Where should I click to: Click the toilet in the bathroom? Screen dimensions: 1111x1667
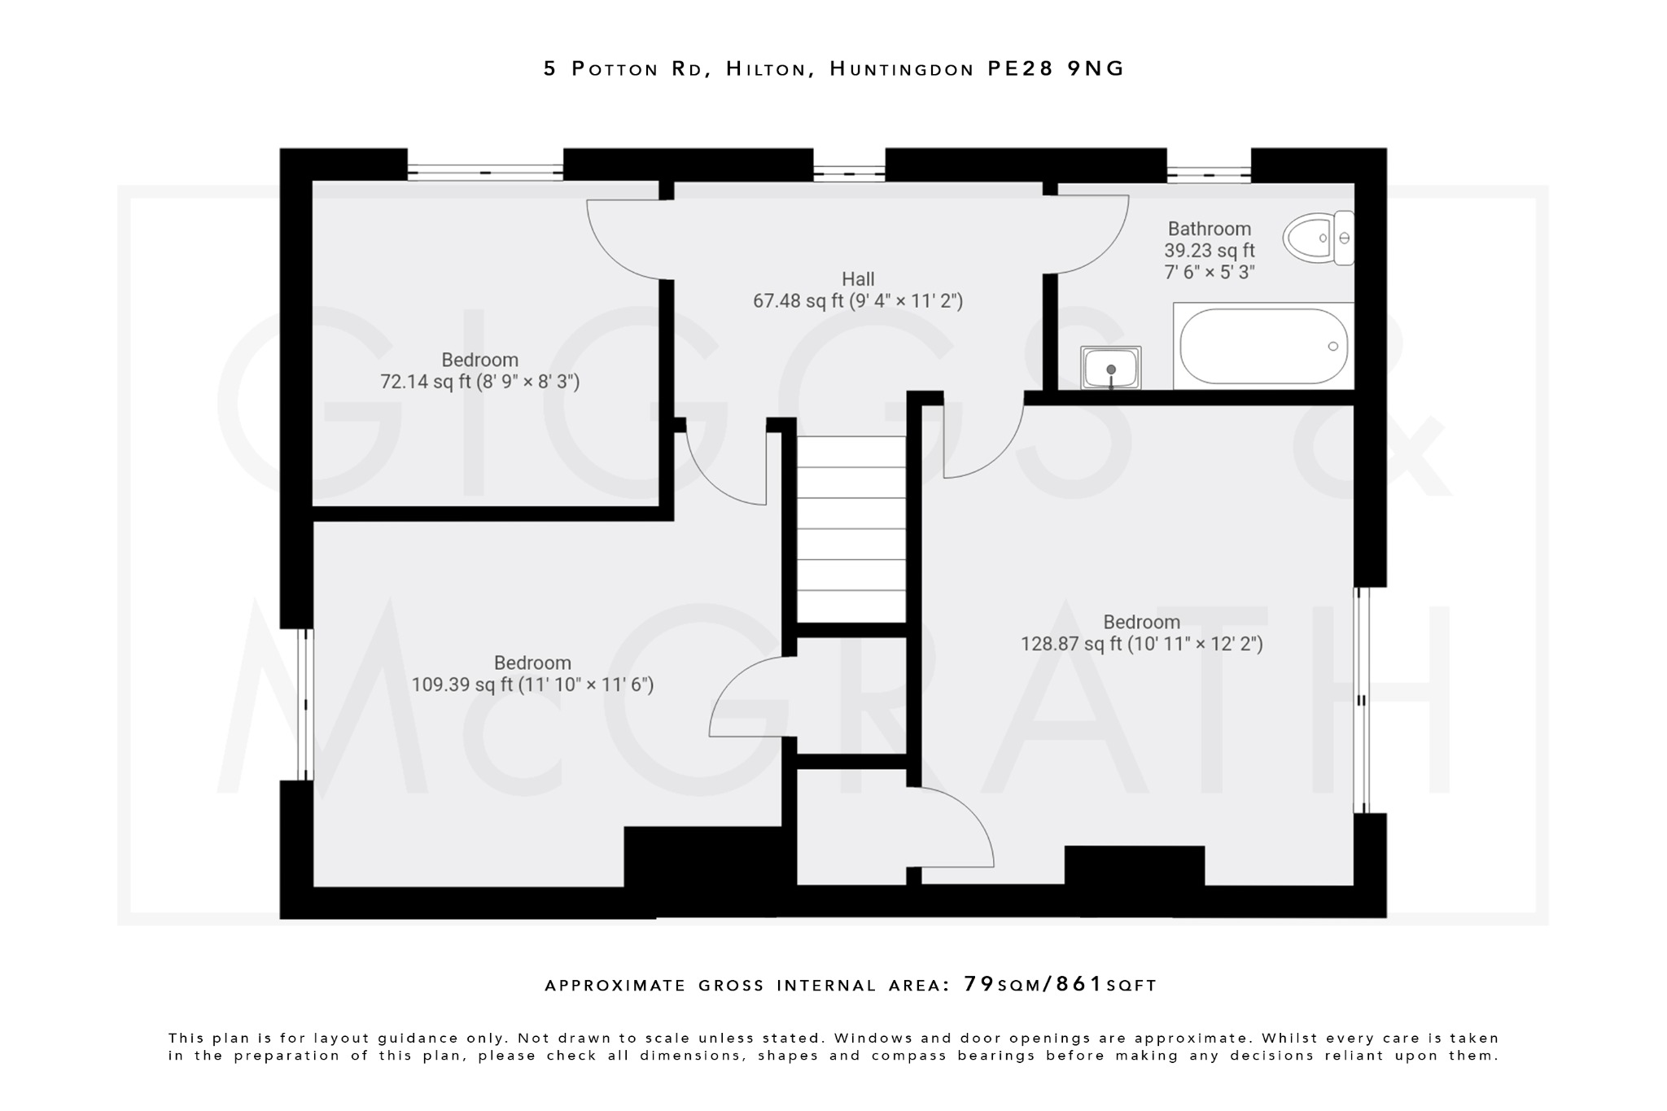tap(1317, 238)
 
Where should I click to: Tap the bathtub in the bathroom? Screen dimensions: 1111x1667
tap(1262, 347)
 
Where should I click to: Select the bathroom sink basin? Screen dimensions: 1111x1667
tap(1111, 368)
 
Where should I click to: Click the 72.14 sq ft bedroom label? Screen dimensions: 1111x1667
tap(479, 371)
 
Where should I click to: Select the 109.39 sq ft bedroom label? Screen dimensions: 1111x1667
tap(532, 674)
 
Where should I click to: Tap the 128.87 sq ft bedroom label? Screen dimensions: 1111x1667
tap(1141, 633)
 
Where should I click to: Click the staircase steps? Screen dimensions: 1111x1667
tap(851, 529)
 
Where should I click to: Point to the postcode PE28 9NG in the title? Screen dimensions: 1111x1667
tap(1056, 69)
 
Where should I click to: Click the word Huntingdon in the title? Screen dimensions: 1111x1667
tap(901, 69)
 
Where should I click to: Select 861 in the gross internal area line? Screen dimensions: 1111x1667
tap(1079, 984)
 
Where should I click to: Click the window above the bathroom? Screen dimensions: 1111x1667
tap(1209, 173)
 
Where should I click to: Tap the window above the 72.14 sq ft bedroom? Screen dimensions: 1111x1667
tap(485, 173)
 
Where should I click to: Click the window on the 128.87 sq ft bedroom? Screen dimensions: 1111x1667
tap(1362, 700)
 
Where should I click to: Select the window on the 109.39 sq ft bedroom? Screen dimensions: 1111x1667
tap(305, 704)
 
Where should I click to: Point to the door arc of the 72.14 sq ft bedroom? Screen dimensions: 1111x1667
tap(623, 240)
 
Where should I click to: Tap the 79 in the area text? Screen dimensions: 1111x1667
tap(978, 984)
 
